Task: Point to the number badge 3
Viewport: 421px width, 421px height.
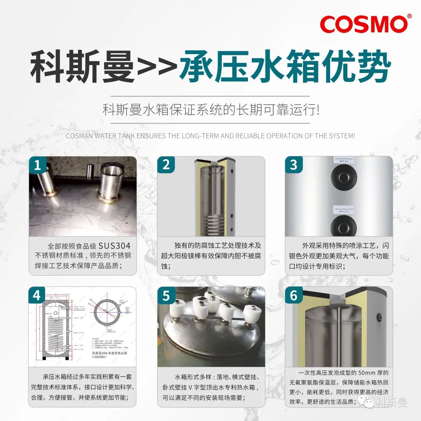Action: (x=294, y=165)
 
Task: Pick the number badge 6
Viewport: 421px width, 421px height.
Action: (x=294, y=296)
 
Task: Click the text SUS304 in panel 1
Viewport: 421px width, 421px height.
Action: (x=114, y=246)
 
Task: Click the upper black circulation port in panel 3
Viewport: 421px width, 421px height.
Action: (x=344, y=177)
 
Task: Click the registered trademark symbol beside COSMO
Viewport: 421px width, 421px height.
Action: (x=409, y=16)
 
